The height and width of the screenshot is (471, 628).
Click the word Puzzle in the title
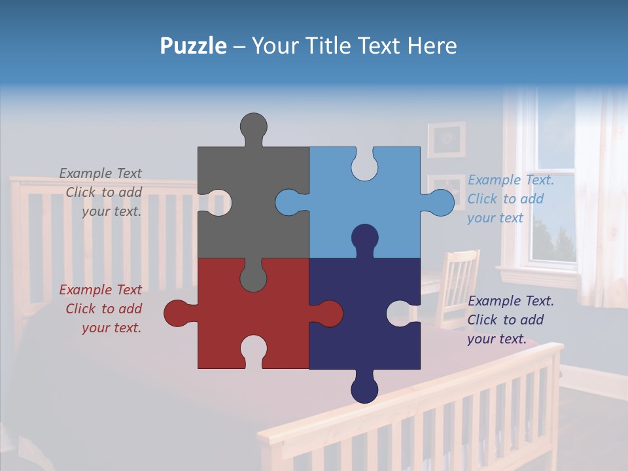[193, 46]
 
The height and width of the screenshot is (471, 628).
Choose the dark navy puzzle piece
[353, 327]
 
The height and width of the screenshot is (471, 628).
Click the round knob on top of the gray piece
[253, 126]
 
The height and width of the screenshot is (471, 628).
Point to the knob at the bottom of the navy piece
[364, 390]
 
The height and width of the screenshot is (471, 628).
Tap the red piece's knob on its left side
[177, 313]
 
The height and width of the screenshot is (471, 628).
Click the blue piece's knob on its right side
[440, 203]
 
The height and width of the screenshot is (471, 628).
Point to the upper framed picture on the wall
[447, 139]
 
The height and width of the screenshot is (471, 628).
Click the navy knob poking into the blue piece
[364, 238]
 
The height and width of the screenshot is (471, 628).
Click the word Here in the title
[432, 46]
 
